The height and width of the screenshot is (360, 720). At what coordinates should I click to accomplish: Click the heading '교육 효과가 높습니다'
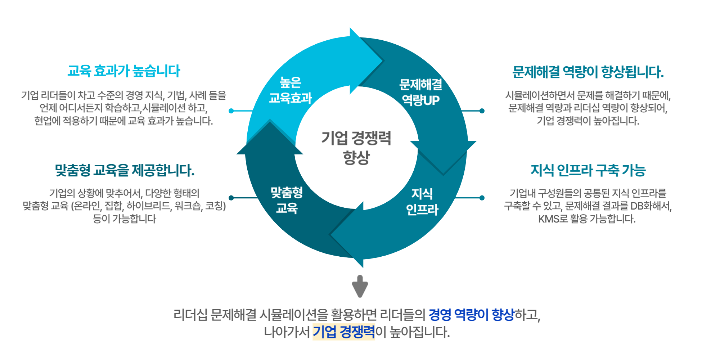[x=124, y=71]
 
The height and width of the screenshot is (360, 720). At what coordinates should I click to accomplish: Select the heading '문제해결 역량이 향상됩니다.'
[x=588, y=72]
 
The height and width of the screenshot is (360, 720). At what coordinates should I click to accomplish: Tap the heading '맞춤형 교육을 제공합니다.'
[x=125, y=170]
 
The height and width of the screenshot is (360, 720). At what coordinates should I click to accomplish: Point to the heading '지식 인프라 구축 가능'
[x=588, y=170]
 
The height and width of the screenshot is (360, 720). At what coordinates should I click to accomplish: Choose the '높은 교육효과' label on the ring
[x=290, y=90]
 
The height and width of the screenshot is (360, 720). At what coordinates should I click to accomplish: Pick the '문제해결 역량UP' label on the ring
[x=420, y=92]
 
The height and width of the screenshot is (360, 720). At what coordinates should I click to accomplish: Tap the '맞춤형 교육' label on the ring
[x=287, y=200]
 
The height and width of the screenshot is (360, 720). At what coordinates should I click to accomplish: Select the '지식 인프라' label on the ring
[x=422, y=202]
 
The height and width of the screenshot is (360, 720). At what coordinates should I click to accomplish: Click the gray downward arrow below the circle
[x=360, y=286]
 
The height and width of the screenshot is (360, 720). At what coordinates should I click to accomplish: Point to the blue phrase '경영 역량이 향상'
[x=471, y=315]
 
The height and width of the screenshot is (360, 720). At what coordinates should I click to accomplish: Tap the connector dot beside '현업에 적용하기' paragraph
[x=231, y=111]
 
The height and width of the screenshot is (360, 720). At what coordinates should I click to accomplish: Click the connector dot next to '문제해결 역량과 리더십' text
[x=482, y=111]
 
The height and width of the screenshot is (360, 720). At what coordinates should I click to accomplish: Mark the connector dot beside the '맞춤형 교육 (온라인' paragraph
[x=231, y=198]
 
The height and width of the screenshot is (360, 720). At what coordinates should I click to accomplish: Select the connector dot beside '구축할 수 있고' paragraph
[x=482, y=198]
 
